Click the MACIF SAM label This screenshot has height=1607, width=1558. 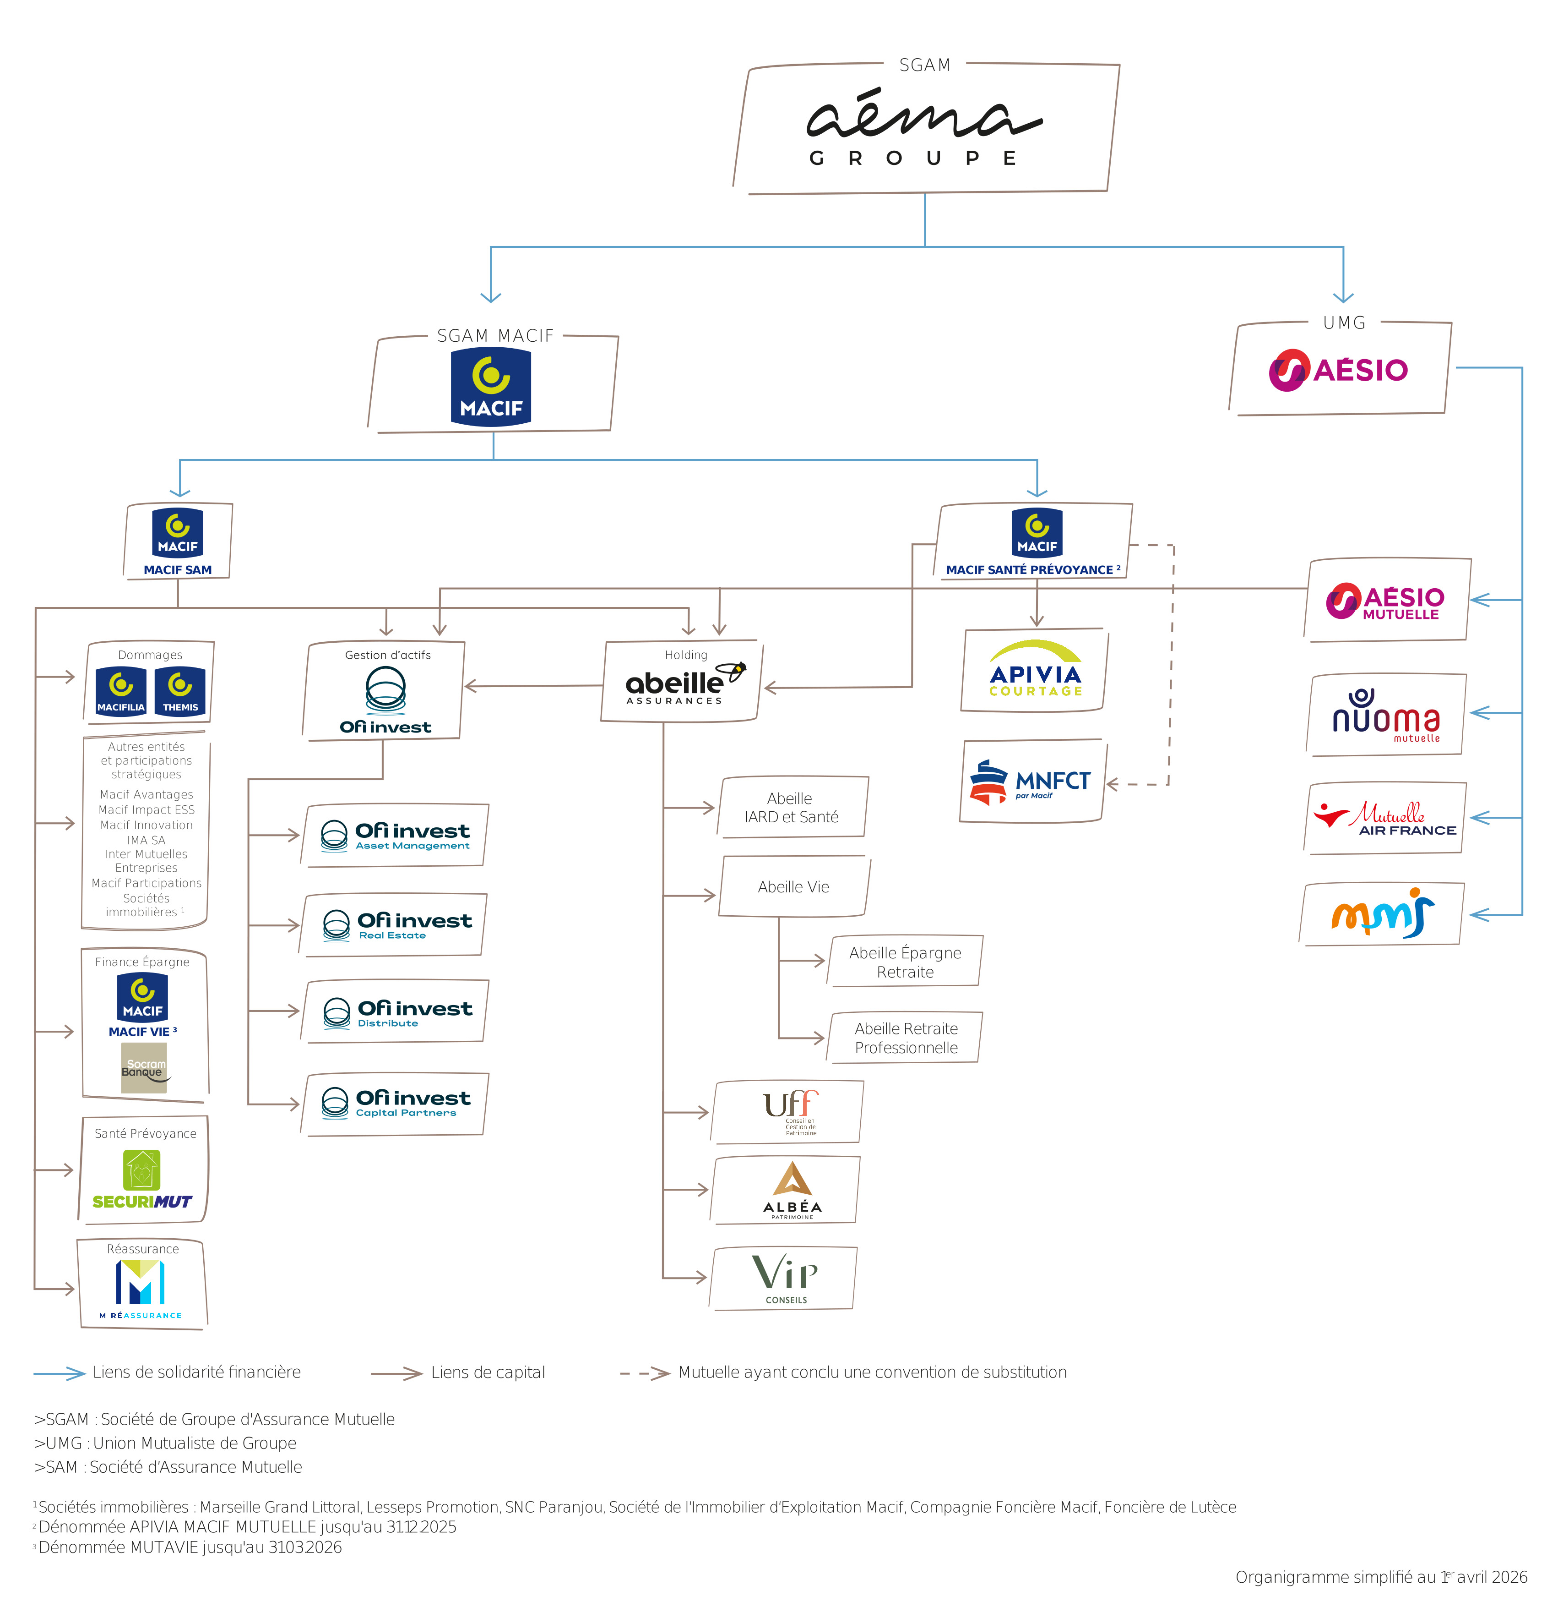click(x=177, y=570)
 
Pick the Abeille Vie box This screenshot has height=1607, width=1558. click(x=793, y=887)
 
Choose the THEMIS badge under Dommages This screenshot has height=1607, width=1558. click(x=180, y=691)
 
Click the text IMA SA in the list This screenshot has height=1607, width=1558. click(x=146, y=840)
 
